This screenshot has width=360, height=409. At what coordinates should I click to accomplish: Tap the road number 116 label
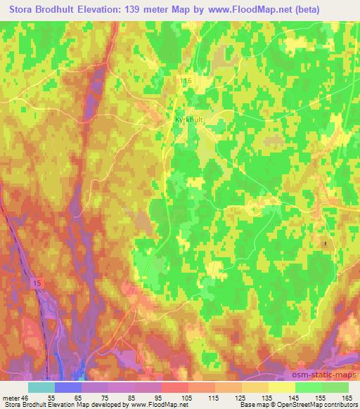(x=186, y=82)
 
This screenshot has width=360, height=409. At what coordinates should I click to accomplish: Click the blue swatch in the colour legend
(x=68, y=387)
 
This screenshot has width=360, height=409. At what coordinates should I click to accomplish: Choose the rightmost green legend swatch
(x=335, y=387)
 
